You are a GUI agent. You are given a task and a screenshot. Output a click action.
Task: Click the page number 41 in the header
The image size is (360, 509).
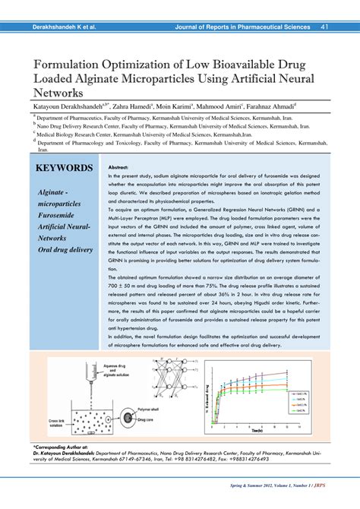[324, 27]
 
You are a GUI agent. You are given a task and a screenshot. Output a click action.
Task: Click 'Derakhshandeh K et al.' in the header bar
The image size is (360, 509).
[64, 27]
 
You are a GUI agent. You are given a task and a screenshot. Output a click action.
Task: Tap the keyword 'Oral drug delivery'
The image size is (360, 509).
[67, 249]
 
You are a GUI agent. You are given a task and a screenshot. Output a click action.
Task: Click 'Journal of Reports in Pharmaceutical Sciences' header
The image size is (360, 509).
[242, 27]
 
